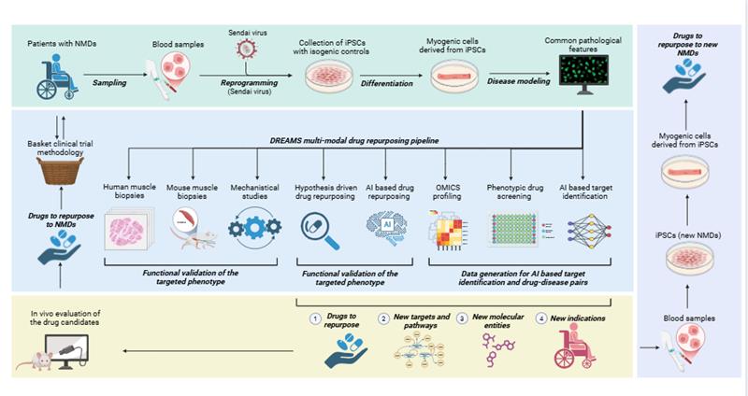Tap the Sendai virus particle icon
246,52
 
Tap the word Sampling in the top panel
109,82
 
